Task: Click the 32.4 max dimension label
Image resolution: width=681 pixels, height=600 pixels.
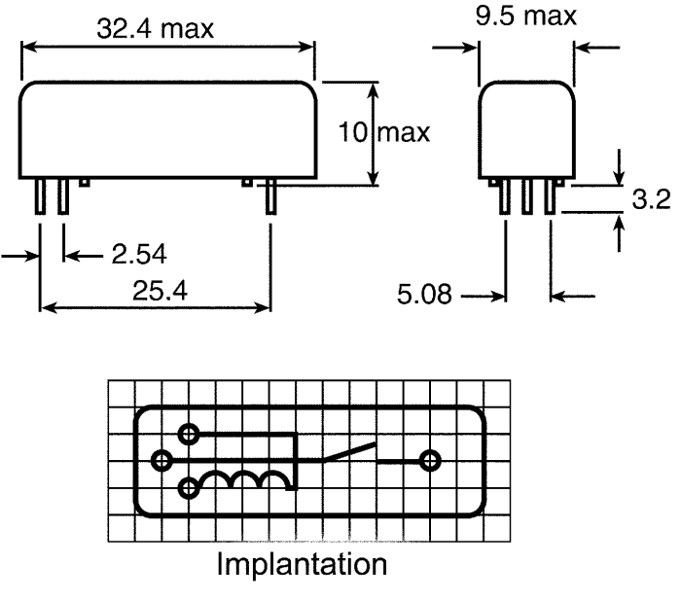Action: (155, 29)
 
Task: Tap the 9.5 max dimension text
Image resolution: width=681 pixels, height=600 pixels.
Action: (526, 17)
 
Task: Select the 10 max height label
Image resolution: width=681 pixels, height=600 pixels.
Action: (384, 132)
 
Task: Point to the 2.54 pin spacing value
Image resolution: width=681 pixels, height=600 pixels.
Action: (139, 254)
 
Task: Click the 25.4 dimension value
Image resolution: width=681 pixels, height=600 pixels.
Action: (160, 291)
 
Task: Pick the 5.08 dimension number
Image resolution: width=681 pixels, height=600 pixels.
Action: (424, 294)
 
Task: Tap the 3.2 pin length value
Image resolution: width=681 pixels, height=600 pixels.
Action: (651, 199)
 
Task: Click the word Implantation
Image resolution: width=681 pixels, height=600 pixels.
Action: (302, 564)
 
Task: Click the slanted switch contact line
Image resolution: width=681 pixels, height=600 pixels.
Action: (348, 451)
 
